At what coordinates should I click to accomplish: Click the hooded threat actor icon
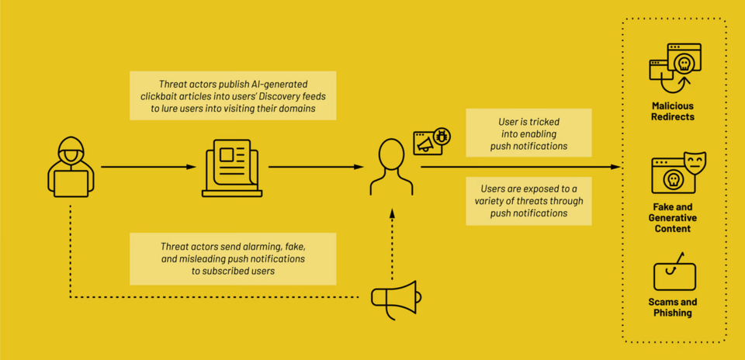tap(71, 167)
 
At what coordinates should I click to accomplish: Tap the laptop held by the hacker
tap(71, 184)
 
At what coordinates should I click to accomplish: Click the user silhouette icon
tap(391, 167)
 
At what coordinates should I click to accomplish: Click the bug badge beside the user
tap(442, 137)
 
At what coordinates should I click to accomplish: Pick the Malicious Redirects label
tap(672, 111)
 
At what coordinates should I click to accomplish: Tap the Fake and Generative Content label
tap(672, 218)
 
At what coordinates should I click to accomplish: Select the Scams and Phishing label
tap(672, 307)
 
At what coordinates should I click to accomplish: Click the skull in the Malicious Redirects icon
tap(684, 65)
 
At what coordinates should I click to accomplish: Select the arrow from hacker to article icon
tap(149, 167)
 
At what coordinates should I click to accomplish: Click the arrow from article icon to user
tap(316, 167)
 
